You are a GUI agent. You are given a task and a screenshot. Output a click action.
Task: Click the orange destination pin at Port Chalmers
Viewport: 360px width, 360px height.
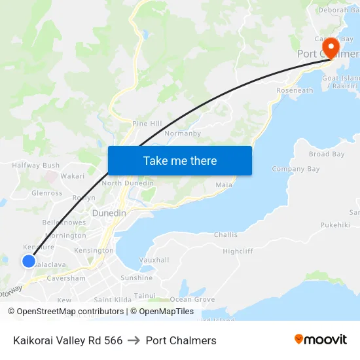click(331, 48)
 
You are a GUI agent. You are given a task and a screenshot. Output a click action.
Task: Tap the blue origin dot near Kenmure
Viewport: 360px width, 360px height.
click(29, 261)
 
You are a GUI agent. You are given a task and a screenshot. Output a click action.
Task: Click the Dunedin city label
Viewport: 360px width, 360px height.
click(109, 213)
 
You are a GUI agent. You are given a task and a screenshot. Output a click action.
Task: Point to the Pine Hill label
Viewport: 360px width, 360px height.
click(147, 123)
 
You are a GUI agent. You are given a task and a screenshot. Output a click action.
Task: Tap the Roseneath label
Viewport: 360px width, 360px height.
click(295, 90)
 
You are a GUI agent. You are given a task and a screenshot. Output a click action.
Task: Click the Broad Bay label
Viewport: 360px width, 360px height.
click(327, 154)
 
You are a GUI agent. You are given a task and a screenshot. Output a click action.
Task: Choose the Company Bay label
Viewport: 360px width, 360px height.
click(296, 169)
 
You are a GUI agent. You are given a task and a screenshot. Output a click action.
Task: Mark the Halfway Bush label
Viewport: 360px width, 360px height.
click(36, 166)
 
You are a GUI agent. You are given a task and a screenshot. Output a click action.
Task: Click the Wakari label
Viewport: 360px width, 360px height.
click(73, 176)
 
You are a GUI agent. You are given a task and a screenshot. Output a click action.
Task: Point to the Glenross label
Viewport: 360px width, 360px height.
click(47, 193)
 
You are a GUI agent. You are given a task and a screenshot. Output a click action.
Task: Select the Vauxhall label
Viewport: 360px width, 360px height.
click(154, 260)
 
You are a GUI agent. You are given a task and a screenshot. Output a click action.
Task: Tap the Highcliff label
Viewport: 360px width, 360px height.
click(238, 251)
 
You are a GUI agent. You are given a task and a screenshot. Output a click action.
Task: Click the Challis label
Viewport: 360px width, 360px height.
click(226, 234)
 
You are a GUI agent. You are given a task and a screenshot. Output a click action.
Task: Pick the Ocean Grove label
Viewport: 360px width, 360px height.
click(192, 299)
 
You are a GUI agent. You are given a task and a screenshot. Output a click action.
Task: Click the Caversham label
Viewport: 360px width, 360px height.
click(67, 278)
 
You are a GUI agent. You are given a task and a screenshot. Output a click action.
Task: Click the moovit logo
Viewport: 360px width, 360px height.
click(320, 340)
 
